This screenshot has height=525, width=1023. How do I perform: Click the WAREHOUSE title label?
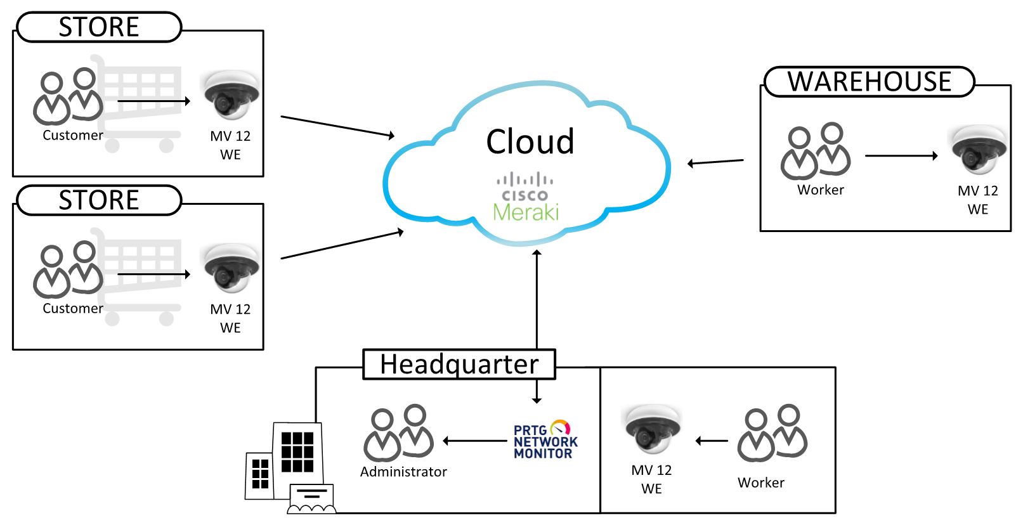[869, 82]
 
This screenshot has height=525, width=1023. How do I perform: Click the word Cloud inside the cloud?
[530, 141]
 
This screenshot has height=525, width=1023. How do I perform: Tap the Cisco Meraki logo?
[526, 197]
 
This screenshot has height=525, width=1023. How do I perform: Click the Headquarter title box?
[459, 364]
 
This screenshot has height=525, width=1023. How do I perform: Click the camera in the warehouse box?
[977, 150]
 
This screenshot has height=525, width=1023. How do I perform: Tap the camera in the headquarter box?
[653, 429]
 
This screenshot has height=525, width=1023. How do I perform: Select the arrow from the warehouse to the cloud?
[715, 162]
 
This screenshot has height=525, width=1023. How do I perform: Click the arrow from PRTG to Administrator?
[475, 441]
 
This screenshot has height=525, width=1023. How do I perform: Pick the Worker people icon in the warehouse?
[816, 151]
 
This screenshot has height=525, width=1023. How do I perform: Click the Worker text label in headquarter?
[761, 483]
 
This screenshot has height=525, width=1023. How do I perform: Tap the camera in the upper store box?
[231, 95]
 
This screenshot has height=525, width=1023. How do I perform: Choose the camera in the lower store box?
[231, 268]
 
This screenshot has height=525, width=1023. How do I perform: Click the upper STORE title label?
[99, 27]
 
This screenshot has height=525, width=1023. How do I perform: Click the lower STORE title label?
[99, 200]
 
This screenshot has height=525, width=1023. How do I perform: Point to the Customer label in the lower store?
[73, 309]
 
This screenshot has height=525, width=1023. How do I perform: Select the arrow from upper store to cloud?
[337, 126]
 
